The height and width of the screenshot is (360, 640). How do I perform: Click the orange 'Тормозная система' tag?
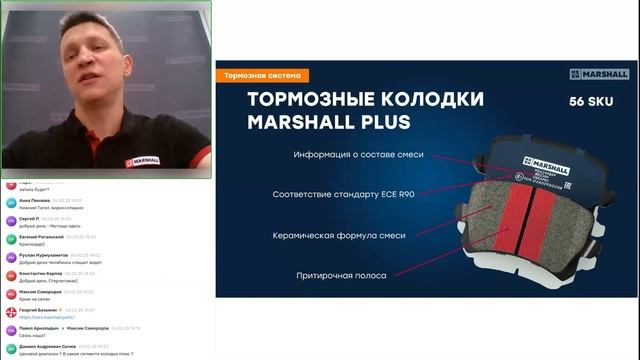tap(263, 75)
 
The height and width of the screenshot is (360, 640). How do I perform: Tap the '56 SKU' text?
tap(589, 102)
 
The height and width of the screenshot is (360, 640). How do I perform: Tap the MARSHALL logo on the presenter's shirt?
tap(143, 159)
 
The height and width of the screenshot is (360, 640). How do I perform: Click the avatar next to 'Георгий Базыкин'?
tap(10, 313)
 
